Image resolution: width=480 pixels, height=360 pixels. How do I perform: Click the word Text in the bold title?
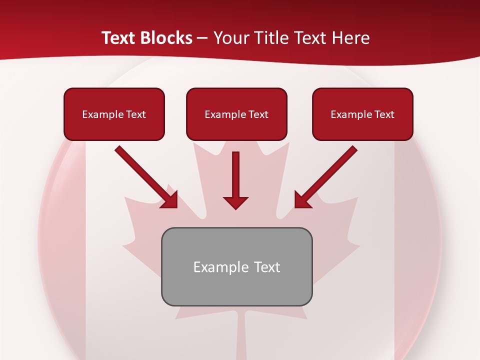118,38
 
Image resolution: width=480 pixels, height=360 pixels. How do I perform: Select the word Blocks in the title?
165,38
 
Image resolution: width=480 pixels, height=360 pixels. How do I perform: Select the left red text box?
114,114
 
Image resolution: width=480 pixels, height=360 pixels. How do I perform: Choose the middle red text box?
236,114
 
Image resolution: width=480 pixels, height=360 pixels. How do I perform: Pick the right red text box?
362,114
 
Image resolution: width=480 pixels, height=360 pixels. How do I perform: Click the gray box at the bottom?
236,266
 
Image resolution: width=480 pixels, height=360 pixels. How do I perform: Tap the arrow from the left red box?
145,176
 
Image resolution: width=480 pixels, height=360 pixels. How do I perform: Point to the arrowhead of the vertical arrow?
235,202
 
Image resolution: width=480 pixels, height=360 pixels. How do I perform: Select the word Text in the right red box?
384,114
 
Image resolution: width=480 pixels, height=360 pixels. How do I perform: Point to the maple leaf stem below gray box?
238,335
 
